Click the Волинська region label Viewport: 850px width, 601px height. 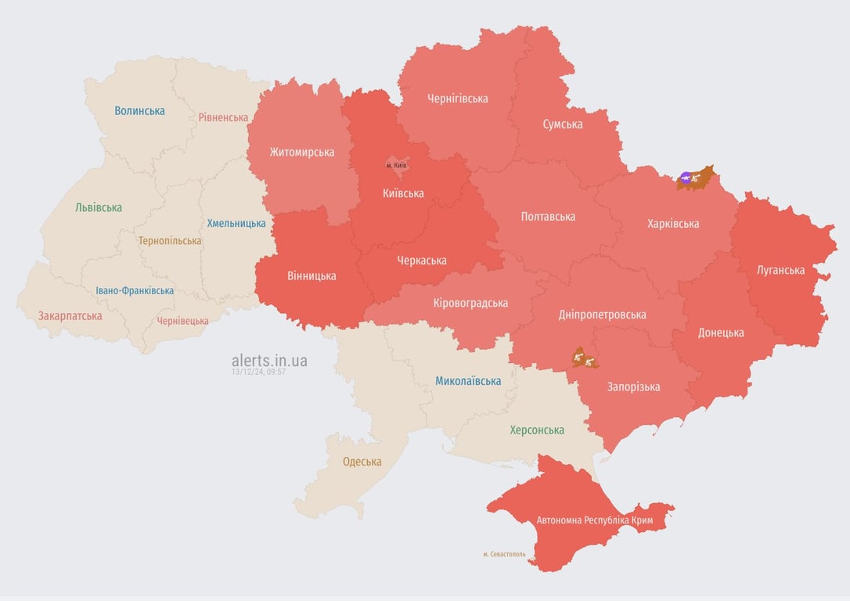pyautogui.click(x=139, y=111)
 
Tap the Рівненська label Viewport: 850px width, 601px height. pyautogui.click(x=223, y=117)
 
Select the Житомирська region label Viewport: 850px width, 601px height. pyautogui.click(x=302, y=153)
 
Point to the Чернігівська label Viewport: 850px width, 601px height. pyautogui.click(x=458, y=99)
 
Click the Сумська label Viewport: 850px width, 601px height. pyautogui.click(x=563, y=124)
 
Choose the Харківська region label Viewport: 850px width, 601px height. pyautogui.click(x=673, y=224)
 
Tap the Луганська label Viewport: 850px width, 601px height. pyautogui.click(x=780, y=271)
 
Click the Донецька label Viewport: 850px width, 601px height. pyautogui.click(x=721, y=333)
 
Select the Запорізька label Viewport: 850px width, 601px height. pyautogui.click(x=633, y=387)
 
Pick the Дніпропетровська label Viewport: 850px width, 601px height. pyautogui.click(x=603, y=315)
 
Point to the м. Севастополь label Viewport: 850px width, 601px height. pyautogui.click(x=504, y=554)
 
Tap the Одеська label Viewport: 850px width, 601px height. pyautogui.click(x=362, y=462)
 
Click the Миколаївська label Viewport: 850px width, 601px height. pyautogui.click(x=468, y=381)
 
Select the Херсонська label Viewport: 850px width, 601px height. pyautogui.click(x=537, y=430)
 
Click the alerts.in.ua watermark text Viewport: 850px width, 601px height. pyautogui.click(x=269, y=360)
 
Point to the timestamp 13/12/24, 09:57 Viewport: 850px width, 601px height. pyautogui.click(x=258, y=372)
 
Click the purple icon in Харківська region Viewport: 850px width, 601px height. pyautogui.click(x=686, y=178)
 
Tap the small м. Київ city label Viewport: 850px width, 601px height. pyautogui.click(x=396, y=166)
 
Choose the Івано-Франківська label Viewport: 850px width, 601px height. pyautogui.click(x=135, y=291)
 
